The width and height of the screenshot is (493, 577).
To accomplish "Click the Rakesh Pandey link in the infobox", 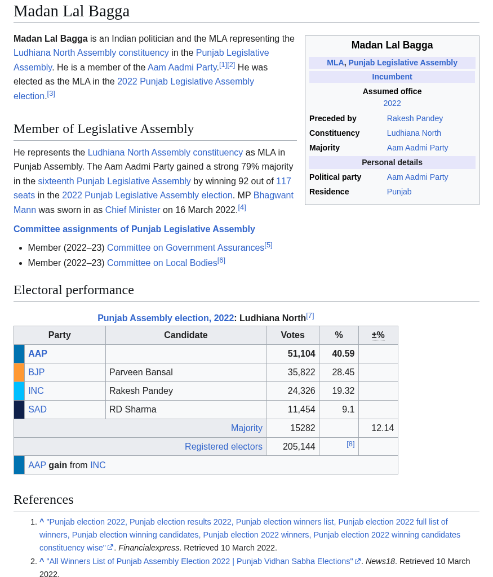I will pyautogui.click(x=415, y=118).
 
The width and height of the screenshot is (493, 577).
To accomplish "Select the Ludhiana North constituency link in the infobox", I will pyautogui.click(x=414, y=133).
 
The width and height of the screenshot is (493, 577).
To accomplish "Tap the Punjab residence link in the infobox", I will pyautogui.click(x=399, y=192).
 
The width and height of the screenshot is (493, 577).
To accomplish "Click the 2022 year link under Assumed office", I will pyautogui.click(x=392, y=103).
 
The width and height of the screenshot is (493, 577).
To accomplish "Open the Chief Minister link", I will pyautogui.click(x=132, y=210).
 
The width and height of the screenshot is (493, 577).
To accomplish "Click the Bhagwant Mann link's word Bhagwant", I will pyautogui.click(x=273, y=195).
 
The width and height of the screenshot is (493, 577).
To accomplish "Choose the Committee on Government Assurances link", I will pyautogui.click(x=185, y=248).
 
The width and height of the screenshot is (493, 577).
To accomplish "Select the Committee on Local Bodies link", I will pyautogui.click(x=162, y=263).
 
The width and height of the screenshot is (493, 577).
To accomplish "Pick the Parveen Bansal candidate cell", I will pyautogui.click(x=141, y=372).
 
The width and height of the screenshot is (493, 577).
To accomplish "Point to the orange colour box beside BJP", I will pyautogui.click(x=19, y=372).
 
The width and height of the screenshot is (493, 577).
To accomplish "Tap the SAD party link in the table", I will pyautogui.click(x=37, y=410).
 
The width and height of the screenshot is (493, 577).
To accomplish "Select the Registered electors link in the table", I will pyautogui.click(x=223, y=447).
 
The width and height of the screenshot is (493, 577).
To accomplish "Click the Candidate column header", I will pyautogui.click(x=185, y=335).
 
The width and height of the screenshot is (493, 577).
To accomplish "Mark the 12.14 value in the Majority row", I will pyautogui.click(x=382, y=428).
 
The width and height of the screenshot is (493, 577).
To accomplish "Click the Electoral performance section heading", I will pyautogui.click(x=74, y=290).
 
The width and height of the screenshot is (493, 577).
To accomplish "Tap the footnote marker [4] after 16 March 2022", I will pyautogui.click(x=242, y=207).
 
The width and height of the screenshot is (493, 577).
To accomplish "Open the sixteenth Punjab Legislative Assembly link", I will pyautogui.click(x=114, y=181).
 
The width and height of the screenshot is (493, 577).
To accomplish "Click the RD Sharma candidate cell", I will pyautogui.click(x=132, y=410).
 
